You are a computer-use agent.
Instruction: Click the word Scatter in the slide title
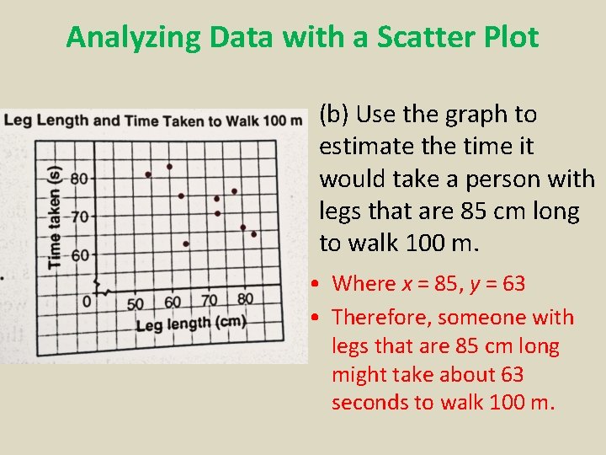387,37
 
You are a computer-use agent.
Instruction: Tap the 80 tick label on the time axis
79,179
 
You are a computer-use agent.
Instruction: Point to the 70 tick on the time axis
79,217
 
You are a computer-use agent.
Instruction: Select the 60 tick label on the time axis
79,254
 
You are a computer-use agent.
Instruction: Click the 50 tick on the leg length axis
135,302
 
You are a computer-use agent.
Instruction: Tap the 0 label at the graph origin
87,301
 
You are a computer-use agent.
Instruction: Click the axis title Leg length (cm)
190,323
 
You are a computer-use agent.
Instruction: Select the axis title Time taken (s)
55,217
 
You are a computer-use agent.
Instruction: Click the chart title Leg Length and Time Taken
152,120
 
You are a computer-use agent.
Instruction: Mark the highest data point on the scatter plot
169,167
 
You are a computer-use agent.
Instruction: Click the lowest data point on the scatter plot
186,244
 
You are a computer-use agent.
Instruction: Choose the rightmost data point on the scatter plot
253,233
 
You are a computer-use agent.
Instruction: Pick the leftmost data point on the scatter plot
148,174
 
